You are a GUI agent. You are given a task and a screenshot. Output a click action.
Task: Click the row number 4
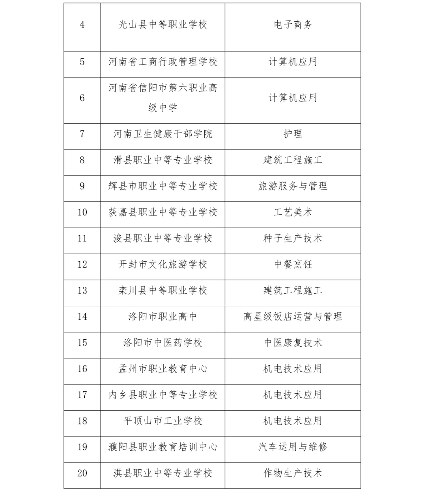(x=82, y=25)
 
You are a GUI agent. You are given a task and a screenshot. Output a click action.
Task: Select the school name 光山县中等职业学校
(x=163, y=25)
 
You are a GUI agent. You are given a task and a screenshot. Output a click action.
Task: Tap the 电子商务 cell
(x=293, y=25)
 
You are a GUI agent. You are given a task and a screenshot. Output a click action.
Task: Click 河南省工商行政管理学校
(x=163, y=62)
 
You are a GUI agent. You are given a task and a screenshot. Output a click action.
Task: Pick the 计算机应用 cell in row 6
(x=293, y=98)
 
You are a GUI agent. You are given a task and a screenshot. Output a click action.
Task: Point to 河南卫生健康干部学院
(x=163, y=134)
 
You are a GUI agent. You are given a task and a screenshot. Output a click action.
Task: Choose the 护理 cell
(x=293, y=134)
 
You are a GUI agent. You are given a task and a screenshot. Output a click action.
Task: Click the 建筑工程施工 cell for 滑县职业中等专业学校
(x=293, y=160)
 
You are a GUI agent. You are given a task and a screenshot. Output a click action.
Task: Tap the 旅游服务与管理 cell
(x=293, y=186)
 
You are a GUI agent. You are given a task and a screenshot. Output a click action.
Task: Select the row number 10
(x=82, y=212)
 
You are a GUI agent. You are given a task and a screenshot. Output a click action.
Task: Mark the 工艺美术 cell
(x=293, y=212)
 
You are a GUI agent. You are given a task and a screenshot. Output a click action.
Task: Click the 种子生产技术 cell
(x=293, y=238)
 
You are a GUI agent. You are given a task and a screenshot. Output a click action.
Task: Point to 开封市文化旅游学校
(x=163, y=264)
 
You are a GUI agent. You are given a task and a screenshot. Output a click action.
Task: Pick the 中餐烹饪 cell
(x=293, y=264)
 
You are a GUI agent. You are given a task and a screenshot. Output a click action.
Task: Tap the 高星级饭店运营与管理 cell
(x=293, y=316)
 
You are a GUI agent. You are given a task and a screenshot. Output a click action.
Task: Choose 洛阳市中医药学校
(x=163, y=343)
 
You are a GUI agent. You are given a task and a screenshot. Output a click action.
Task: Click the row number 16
(x=82, y=369)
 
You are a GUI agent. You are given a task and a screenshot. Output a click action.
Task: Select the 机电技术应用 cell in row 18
(x=293, y=421)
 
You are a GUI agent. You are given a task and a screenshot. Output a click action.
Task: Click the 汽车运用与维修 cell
(x=293, y=447)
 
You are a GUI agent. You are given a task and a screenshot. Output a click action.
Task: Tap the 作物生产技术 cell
(x=293, y=473)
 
